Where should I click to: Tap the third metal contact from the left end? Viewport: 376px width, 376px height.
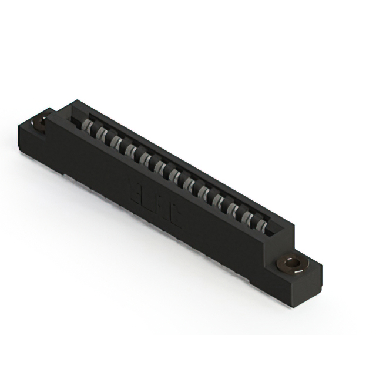(115, 140)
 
